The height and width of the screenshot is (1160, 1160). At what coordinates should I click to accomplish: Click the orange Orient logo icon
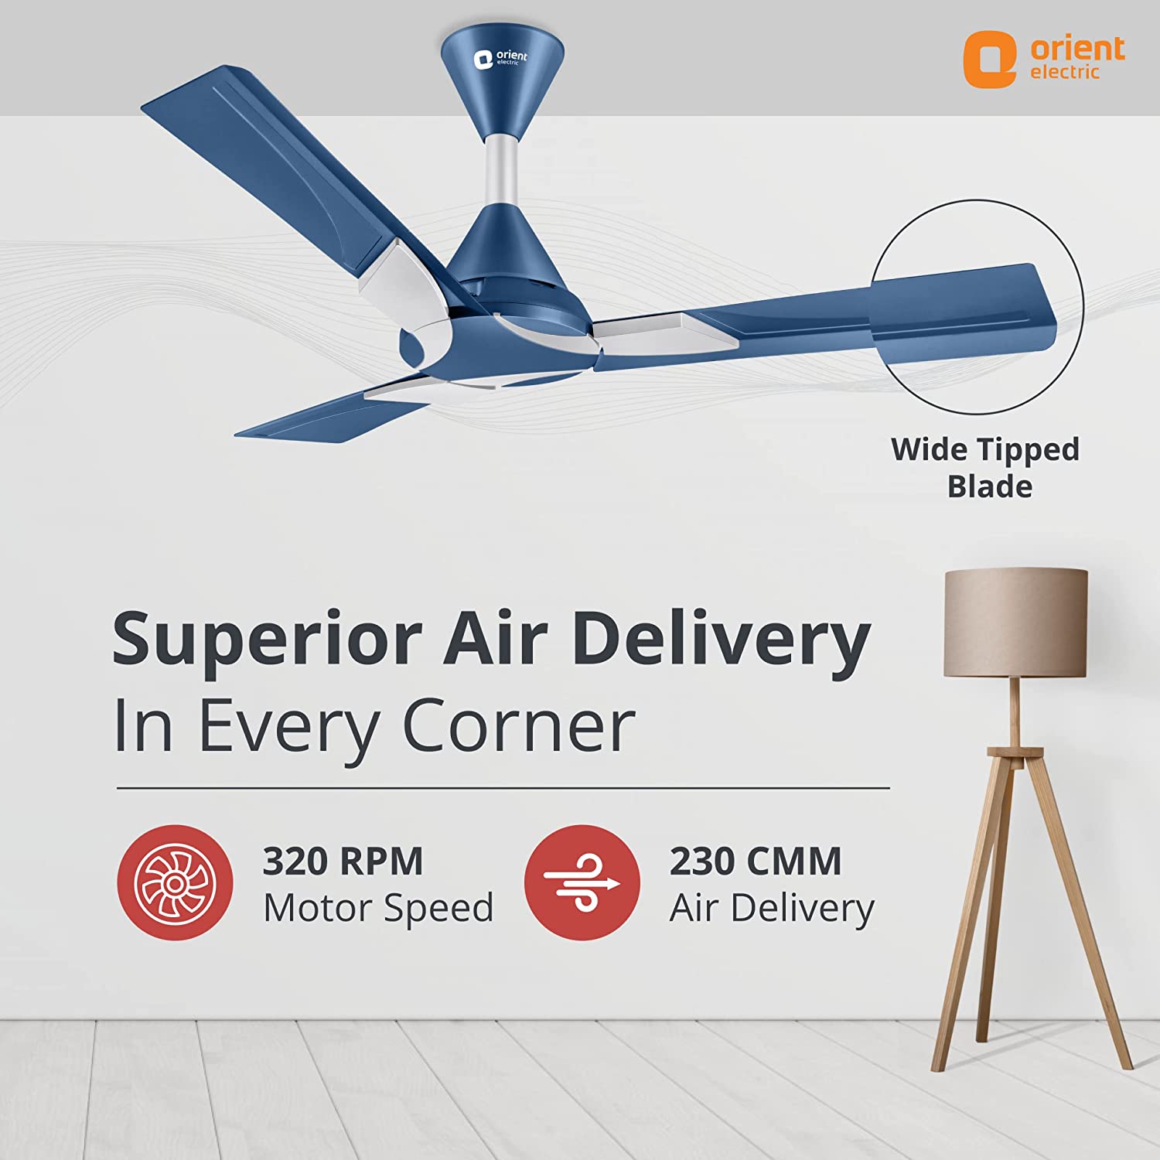pos(990,59)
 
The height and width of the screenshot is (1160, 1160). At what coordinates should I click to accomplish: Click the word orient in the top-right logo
pos(1077,48)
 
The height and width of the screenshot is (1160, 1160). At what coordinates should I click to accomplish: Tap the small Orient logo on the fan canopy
pos(500,59)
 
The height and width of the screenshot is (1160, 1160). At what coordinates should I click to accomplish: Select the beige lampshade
pos(1015,623)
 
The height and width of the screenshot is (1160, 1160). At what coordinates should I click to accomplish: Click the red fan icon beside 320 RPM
pos(175,882)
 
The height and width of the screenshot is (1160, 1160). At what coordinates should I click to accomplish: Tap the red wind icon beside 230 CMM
pos(582,882)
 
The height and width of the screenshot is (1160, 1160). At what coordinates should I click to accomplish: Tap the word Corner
pos(519,726)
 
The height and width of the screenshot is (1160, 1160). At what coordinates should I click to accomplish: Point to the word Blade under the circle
pos(990,487)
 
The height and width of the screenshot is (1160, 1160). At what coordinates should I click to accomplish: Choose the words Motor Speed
pos(378,908)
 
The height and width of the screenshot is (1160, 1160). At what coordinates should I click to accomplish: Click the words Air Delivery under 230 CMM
pos(772,908)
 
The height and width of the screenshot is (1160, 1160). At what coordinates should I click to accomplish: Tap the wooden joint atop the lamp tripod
pos(1015,752)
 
